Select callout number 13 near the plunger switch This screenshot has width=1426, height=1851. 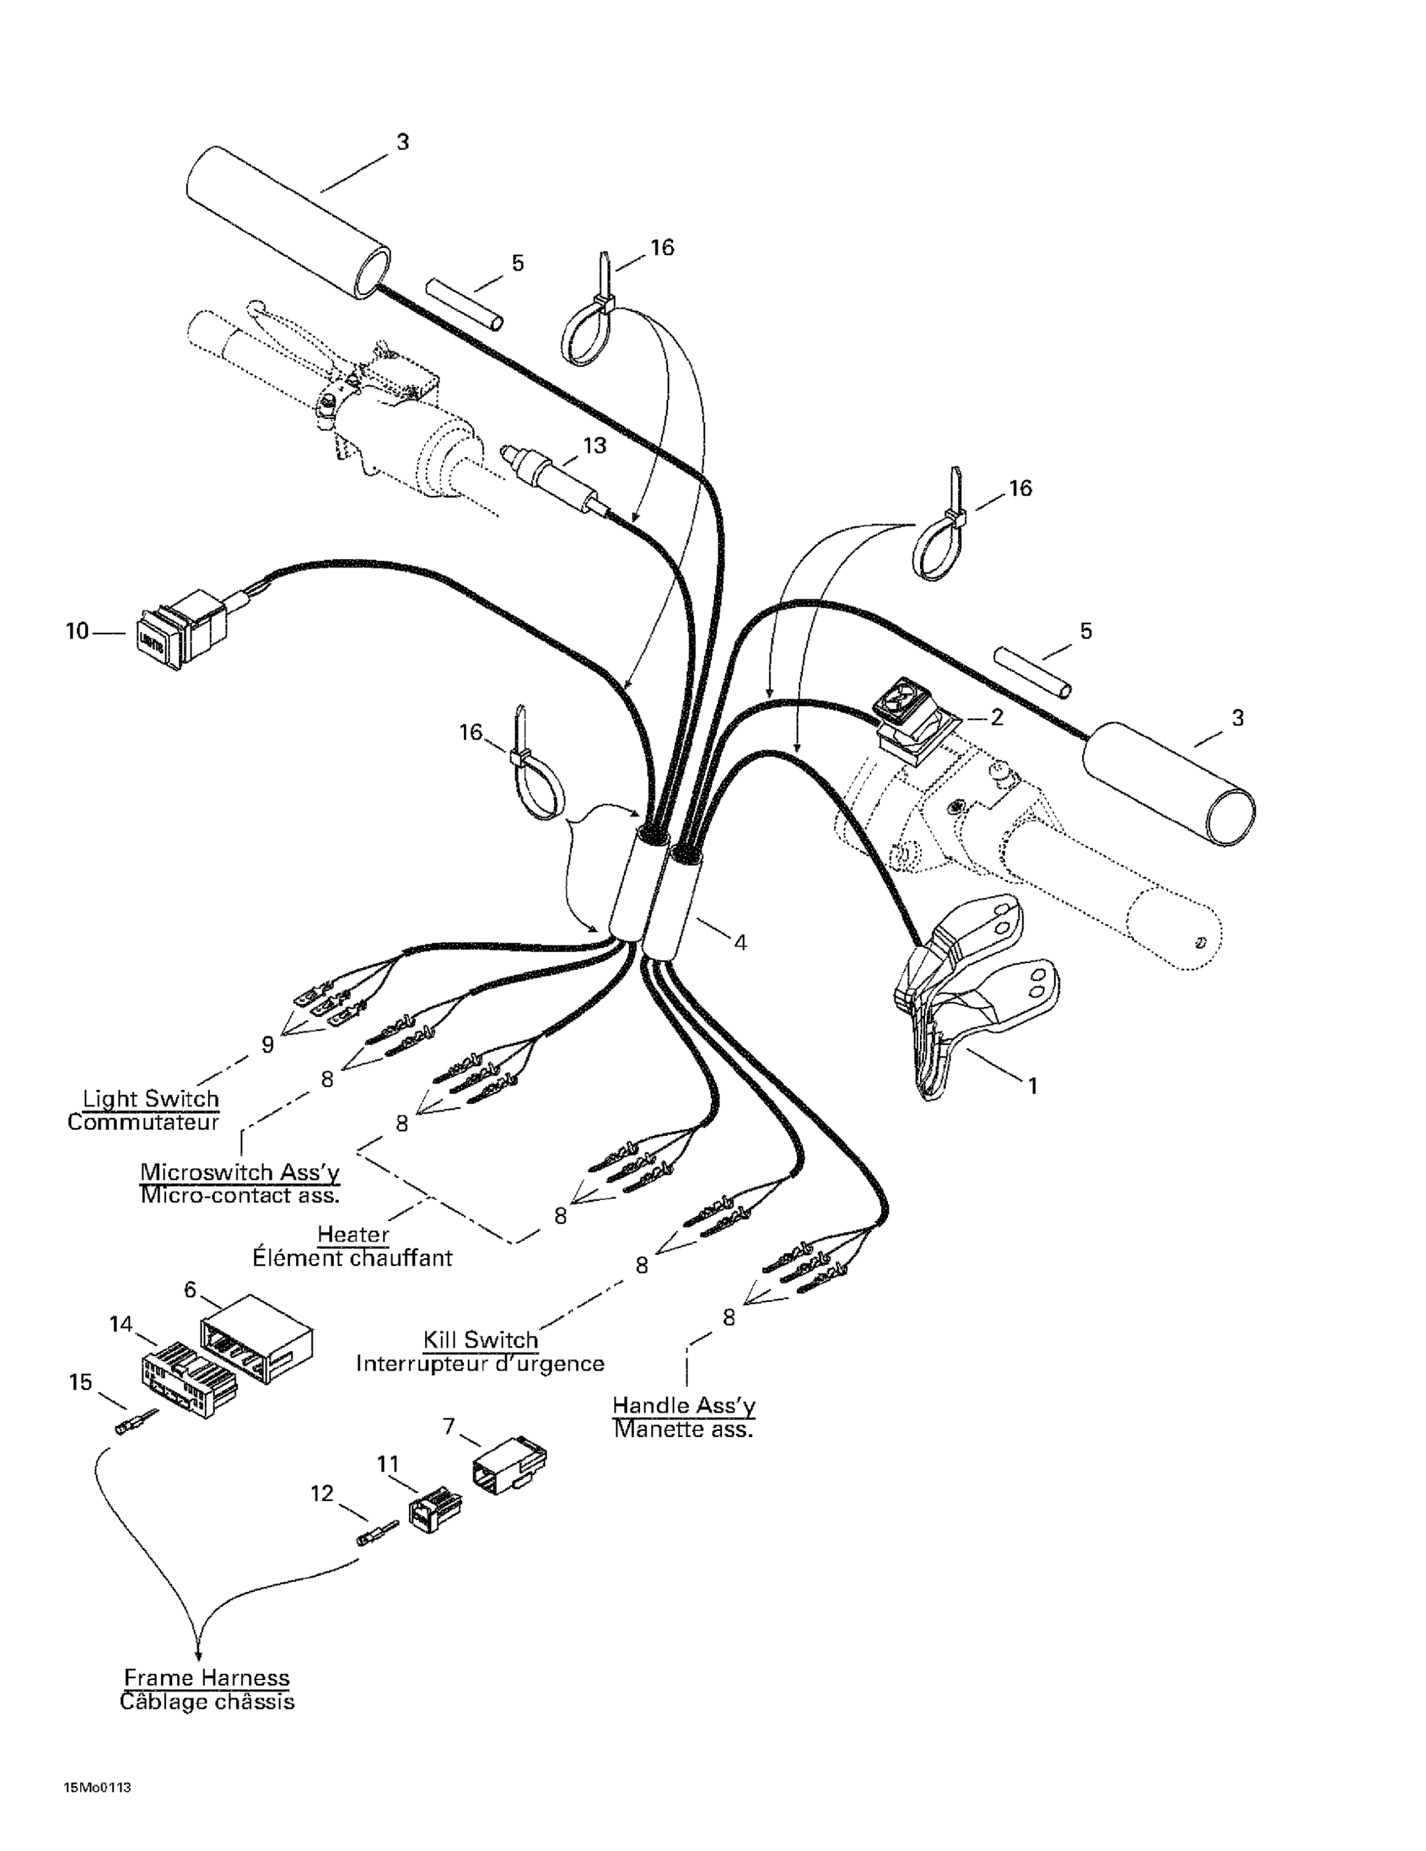coord(595,446)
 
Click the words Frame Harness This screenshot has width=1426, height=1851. coord(207,1677)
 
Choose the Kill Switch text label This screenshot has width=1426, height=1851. coord(481,1340)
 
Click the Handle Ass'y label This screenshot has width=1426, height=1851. coord(683,1404)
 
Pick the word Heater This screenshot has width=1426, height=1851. coord(353,1234)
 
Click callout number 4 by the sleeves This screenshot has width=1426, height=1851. coord(739,942)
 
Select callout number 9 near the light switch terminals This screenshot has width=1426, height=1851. coord(267,1045)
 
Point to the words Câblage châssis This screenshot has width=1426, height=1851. coord(207,1702)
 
